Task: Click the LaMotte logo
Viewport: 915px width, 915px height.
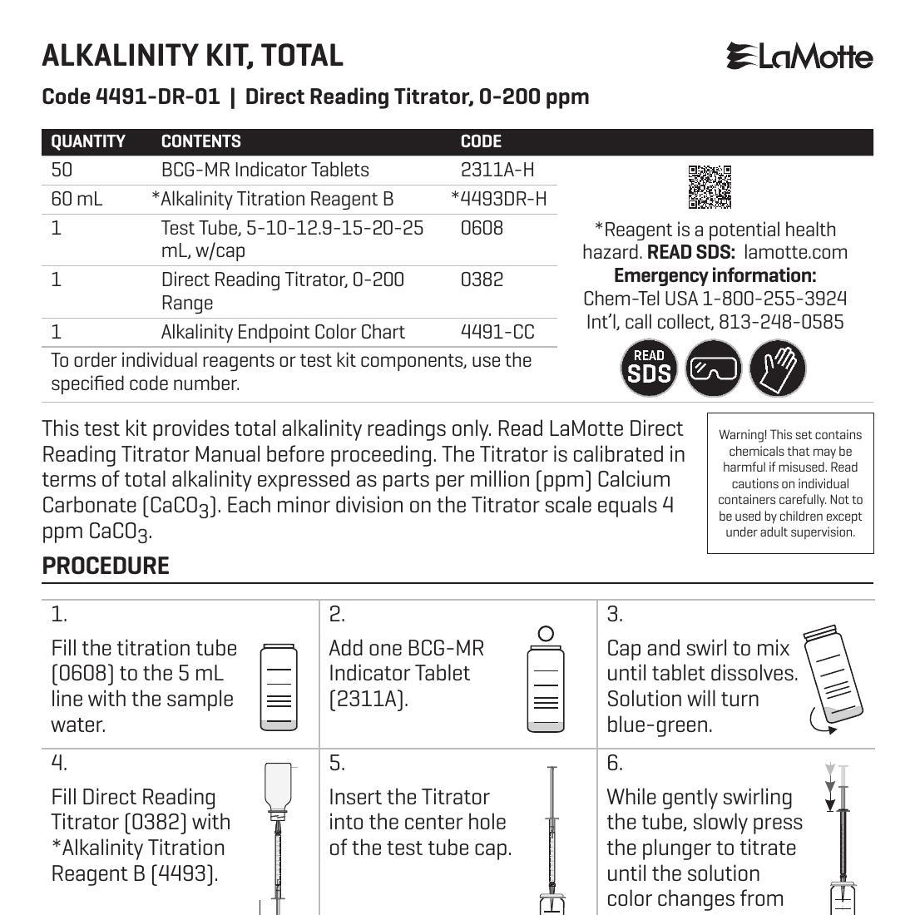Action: click(x=799, y=57)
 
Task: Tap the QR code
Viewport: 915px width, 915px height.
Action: click(x=710, y=187)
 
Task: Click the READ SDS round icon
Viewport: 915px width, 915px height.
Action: click(x=649, y=368)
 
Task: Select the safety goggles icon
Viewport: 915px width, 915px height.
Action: click(x=713, y=368)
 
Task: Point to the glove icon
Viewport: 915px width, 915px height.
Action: click(x=778, y=368)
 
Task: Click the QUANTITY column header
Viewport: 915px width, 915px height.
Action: click(x=88, y=141)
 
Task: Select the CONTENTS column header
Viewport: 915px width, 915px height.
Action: click(x=200, y=141)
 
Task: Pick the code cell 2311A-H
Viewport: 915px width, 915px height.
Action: click(x=497, y=170)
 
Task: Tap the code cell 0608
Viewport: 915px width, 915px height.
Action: click(x=482, y=228)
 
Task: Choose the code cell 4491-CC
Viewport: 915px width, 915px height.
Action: click(x=497, y=332)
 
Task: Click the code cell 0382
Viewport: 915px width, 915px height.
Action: click(x=482, y=279)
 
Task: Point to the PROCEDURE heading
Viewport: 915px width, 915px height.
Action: click(x=106, y=566)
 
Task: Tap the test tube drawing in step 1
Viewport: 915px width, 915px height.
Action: click(x=279, y=687)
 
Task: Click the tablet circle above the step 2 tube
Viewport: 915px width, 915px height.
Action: click(x=546, y=634)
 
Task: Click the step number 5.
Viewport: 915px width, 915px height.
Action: click(x=336, y=764)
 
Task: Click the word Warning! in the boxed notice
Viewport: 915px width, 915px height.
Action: click(x=744, y=435)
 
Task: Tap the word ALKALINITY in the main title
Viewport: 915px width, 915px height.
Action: click(x=109, y=56)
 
